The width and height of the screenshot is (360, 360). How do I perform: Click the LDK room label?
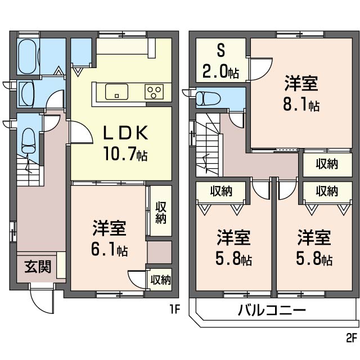[x=125, y=133]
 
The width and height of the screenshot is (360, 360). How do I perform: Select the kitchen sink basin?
[x=116, y=92]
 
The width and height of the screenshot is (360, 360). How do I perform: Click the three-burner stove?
[x=154, y=92]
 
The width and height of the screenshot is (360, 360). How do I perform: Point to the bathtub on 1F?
[x=28, y=57]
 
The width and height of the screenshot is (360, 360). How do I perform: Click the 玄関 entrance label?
[x=38, y=267]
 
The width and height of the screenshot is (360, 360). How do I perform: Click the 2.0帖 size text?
[x=220, y=71]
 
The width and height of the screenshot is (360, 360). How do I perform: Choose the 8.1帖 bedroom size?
[x=301, y=105]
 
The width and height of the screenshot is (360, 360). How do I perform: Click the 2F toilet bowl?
[x=208, y=99]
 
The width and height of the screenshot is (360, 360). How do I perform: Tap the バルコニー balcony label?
[x=272, y=310]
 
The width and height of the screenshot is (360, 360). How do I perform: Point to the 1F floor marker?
[x=174, y=310]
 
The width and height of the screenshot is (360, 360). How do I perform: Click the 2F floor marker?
[x=352, y=337]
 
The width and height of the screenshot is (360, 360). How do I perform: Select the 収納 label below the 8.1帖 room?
[x=327, y=164]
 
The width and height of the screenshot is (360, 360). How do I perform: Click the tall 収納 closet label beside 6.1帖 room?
[x=161, y=213]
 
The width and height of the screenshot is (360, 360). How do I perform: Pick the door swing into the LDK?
[x=82, y=132]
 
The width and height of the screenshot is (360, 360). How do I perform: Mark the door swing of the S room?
[x=260, y=69]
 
